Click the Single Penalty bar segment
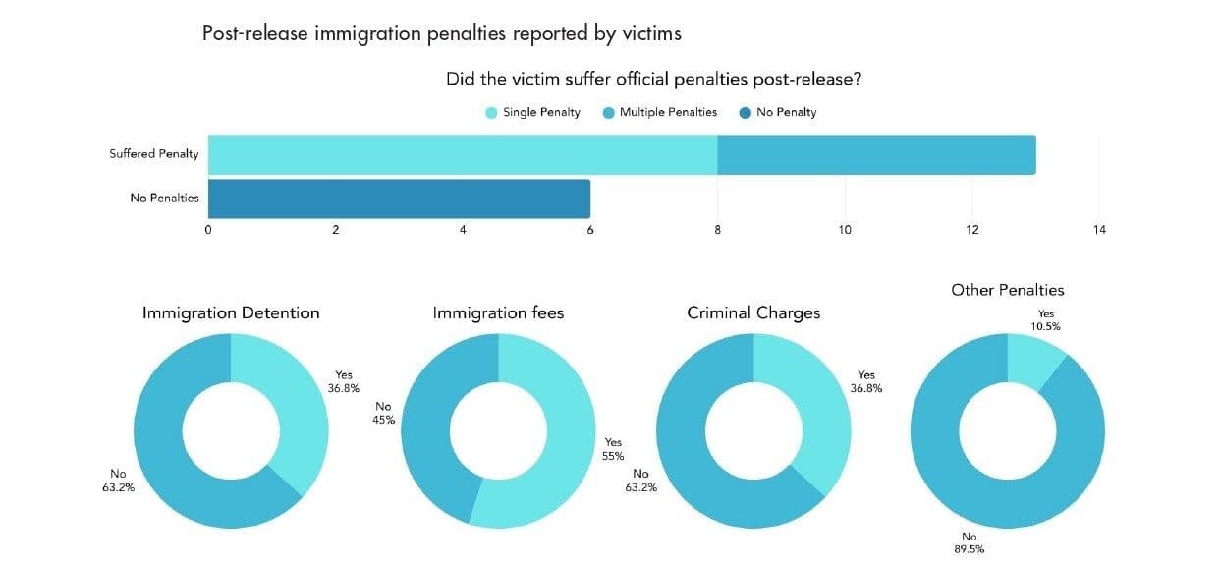[x=462, y=154]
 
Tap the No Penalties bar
[x=399, y=199]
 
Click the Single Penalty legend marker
[x=492, y=113]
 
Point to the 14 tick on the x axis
[x=1098, y=230]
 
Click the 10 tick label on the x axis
[x=845, y=230]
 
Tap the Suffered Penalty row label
[x=153, y=154]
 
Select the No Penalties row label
[x=164, y=199]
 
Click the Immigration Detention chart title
[x=231, y=313]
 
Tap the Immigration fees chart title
[x=498, y=313]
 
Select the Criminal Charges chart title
[x=753, y=313]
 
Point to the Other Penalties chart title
[x=1007, y=290]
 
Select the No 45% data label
[x=383, y=413]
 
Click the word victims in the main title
[x=650, y=32]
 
